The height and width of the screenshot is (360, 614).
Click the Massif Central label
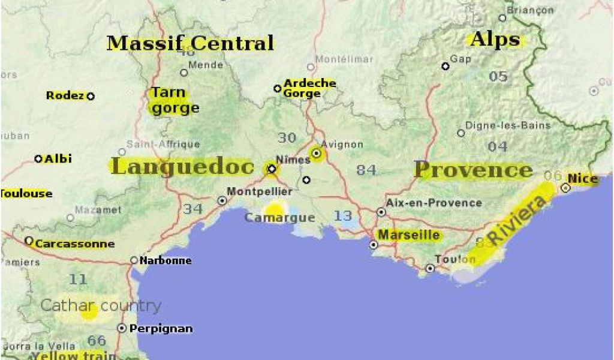tap(190, 43)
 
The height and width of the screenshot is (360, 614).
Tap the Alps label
tap(495, 40)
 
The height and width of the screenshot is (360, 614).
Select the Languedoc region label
tap(182, 167)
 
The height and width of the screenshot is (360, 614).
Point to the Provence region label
tap(473, 170)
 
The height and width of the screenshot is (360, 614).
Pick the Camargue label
tap(279, 218)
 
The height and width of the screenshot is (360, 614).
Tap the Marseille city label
tap(410, 235)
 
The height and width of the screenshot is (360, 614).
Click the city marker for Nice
tap(565, 188)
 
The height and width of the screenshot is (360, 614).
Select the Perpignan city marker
tap(122, 328)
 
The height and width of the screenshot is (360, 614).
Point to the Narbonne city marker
tap(134, 260)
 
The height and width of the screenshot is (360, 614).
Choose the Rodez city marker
tap(91, 95)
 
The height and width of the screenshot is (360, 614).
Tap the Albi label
tap(58, 158)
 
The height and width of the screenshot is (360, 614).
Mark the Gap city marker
tap(446, 66)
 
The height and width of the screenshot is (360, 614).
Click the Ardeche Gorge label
tap(309, 88)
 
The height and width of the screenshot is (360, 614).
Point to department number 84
tap(366, 170)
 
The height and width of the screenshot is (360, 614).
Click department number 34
tap(193, 209)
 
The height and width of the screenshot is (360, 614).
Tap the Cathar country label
tap(101, 305)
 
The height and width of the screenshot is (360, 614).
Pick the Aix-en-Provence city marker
tap(381, 212)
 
